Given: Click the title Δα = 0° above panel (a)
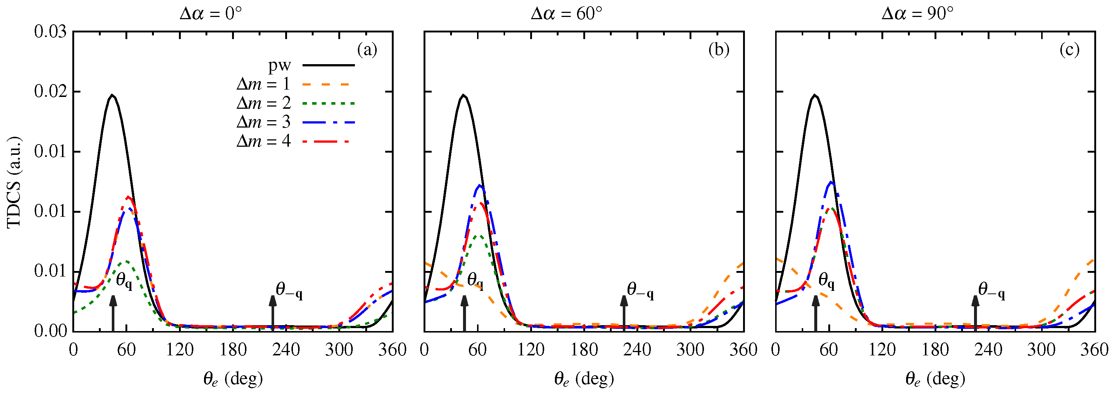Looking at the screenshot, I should (210, 14).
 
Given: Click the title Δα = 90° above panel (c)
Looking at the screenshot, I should (917, 14).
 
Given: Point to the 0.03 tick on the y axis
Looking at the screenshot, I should (51, 32).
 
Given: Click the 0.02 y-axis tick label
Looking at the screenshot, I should (51, 92).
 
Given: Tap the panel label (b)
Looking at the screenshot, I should (718, 50).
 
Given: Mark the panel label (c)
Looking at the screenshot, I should (1069, 50).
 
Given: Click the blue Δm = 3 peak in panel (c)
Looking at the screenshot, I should (830, 182).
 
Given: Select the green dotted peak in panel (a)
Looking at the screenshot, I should (127, 261).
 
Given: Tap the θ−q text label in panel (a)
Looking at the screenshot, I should (289, 290).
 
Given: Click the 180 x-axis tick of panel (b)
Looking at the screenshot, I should (584, 350).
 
